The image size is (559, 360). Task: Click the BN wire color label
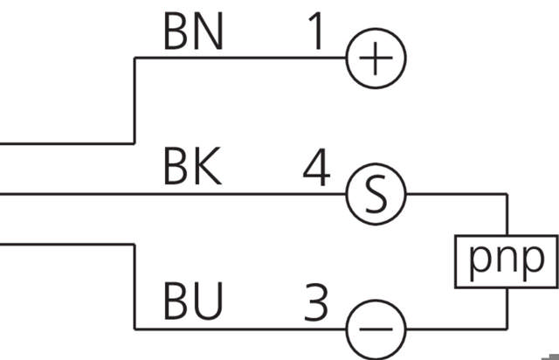(x=193, y=32)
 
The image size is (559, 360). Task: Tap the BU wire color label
(x=193, y=302)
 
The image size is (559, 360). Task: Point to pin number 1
(x=315, y=32)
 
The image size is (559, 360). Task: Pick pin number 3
(x=315, y=302)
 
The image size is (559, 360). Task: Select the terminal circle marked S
(x=376, y=194)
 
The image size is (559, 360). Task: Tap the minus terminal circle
(x=376, y=329)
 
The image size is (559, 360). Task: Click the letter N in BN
(x=209, y=32)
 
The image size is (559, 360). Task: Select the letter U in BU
(x=209, y=302)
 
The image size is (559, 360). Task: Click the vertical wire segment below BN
(x=134, y=100)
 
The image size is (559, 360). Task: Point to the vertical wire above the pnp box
(x=507, y=214)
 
